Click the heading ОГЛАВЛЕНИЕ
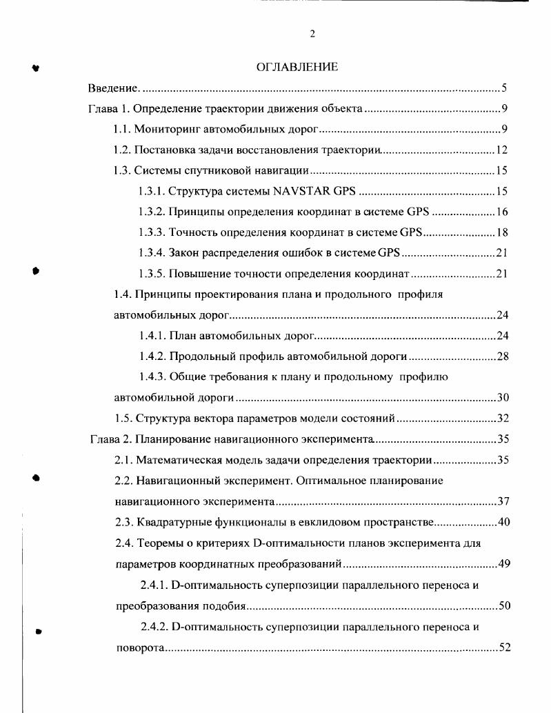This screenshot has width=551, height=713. click(297, 67)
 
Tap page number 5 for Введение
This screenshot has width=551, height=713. click(504, 88)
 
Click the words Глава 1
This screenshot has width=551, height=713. click(109, 109)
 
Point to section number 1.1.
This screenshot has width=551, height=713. click(122, 129)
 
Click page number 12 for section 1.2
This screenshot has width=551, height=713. click(501, 150)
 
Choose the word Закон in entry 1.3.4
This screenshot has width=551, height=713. click(184, 253)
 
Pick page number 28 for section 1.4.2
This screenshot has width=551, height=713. click(501, 356)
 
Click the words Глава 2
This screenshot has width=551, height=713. click(110, 439)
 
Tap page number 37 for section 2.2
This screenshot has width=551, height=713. click(503, 501)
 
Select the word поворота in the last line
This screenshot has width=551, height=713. click(139, 648)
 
